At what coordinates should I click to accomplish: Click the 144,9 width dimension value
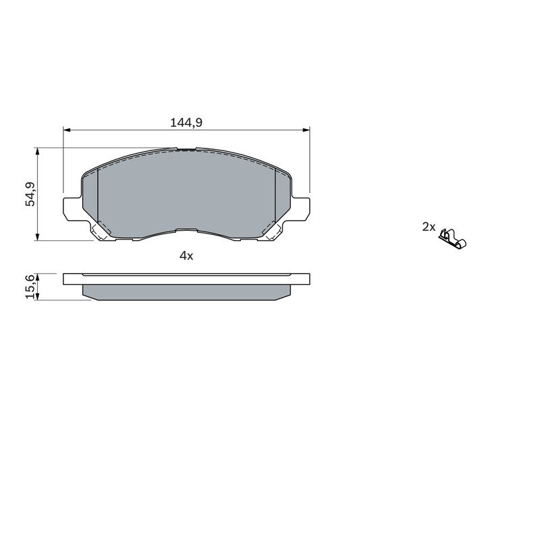click(x=186, y=122)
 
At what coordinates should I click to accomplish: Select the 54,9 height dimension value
click(x=30, y=194)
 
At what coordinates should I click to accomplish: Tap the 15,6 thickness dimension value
click(x=30, y=286)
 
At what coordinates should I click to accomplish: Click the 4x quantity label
click(x=186, y=256)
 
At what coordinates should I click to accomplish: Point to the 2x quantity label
click(x=429, y=227)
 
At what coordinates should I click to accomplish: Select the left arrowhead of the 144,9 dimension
click(x=67, y=130)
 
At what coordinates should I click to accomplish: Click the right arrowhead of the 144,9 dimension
click(x=306, y=130)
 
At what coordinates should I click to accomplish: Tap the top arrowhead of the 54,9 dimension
click(x=37, y=152)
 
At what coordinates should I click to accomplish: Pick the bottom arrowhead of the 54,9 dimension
click(x=37, y=237)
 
